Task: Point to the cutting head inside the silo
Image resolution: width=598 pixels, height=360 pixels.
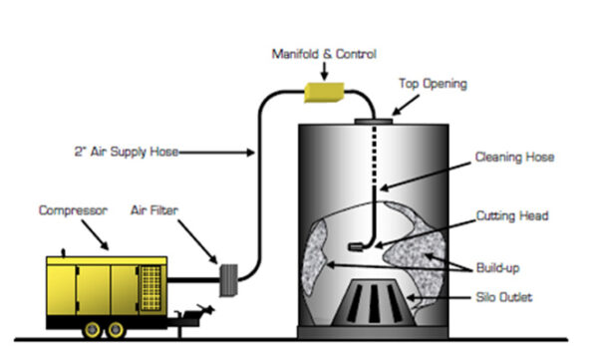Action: pyautogui.click(x=357, y=245)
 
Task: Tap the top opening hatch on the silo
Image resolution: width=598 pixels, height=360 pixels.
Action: pyautogui.click(x=374, y=123)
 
